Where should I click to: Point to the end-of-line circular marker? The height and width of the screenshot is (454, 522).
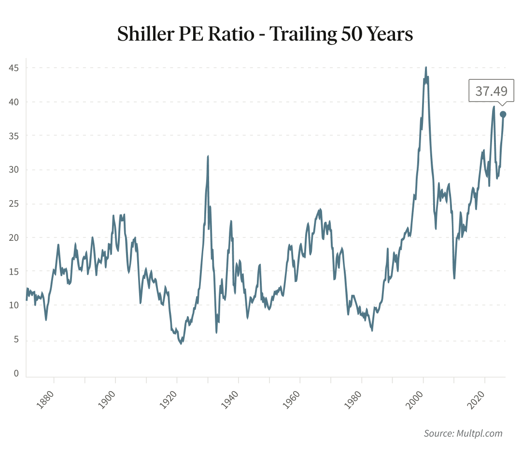click(x=503, y=114)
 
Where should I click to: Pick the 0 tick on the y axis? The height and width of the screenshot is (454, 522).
click(x=16, y=373)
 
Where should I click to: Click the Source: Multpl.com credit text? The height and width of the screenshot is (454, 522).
click(x=463, y=433)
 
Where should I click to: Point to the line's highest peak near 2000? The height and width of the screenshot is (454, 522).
click(x=425, y=68)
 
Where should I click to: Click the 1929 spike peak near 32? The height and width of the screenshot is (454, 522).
click(x=208, y=156)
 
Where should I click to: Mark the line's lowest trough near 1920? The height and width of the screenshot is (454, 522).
click(x=181, y=344)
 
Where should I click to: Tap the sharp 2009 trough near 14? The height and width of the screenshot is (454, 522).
click(x=454, y=278)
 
